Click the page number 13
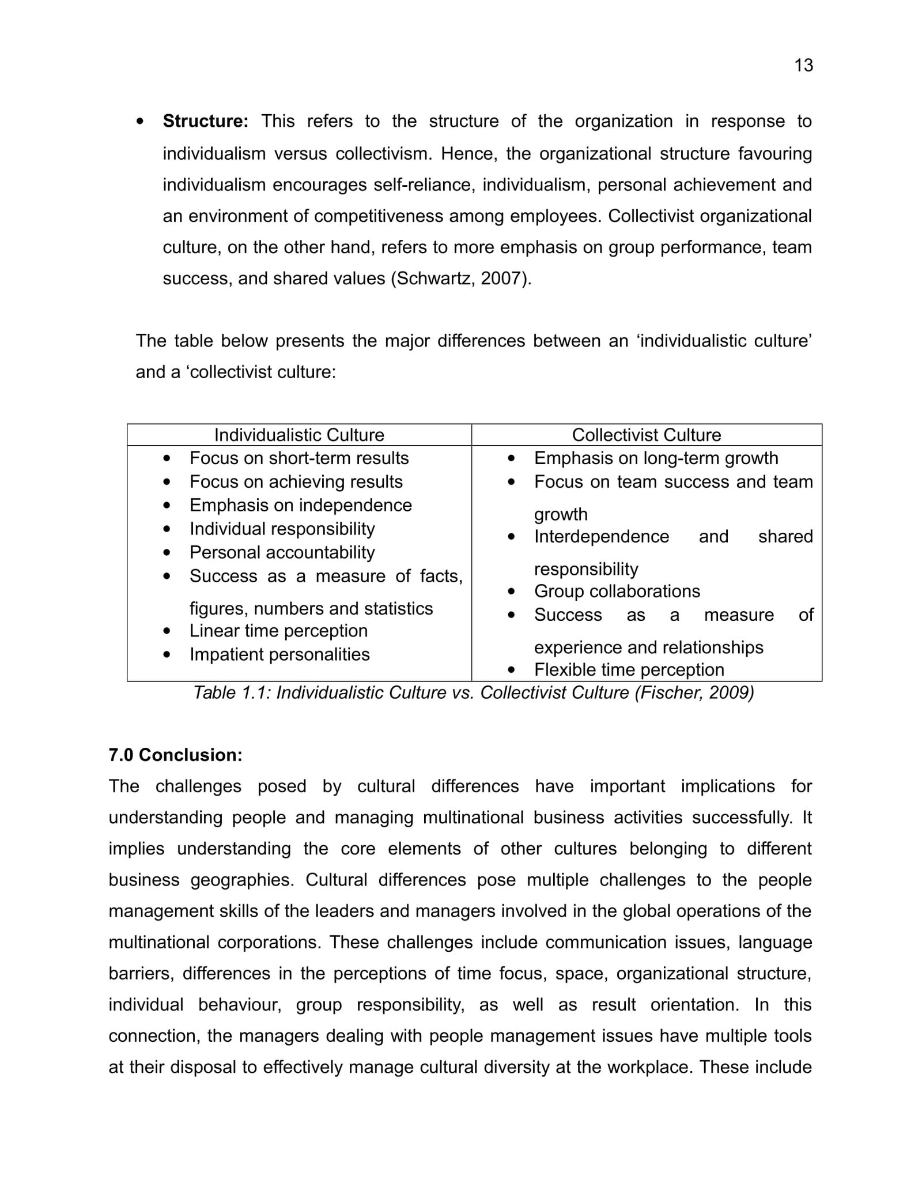pyautogui.click(x=803, y=65)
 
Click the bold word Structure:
pyautogui.click(x=205, y=121)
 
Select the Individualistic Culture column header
pyautogui.click(x=299, y=435)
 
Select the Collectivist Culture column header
pyautogui.click(x=646, y=435)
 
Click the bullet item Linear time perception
pyautogui.click(x=278, y=631)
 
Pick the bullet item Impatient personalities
pyautogui.click(x=279, y=654)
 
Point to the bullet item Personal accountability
pyautogui.click(x=282, y=552)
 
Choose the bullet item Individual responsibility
pyautogui.click(x=282, y=529)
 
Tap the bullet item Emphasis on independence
pyautogui.click(x=300, y=505)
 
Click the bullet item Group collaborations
pyautogui.click(x=617, y=591)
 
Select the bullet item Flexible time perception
pyautogui.click(x=629, y=669)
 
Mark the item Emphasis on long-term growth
pyautogui.click(x=656, y=458)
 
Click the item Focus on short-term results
pyautogui.click(x=299, y=458)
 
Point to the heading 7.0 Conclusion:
pyautogui.click(x=175, y=755)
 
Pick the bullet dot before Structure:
pyautogui.click(x=140, y=122)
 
